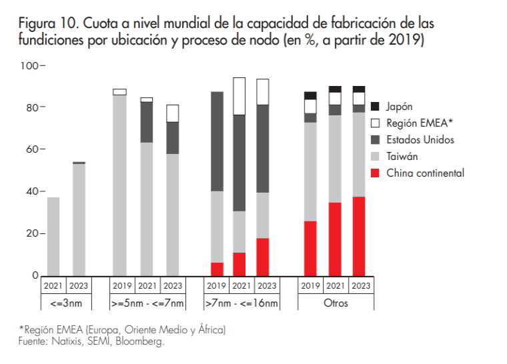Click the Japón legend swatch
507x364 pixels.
pos(375,106)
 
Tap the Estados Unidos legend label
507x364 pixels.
pos(420,139)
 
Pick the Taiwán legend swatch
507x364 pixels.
pos(375,156)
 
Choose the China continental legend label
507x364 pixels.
pos(425,173)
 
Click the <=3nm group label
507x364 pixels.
pos(65,303)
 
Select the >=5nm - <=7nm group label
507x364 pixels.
pos(147,303)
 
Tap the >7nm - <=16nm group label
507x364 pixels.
pos(241,303)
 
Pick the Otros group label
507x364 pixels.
pos(335,303)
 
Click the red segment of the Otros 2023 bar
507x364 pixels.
pos(359,236)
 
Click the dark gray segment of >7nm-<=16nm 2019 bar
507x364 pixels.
pos(217,141)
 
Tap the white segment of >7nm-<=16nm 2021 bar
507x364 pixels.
pos(239,96)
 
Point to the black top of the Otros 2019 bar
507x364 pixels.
pos(310,95)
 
